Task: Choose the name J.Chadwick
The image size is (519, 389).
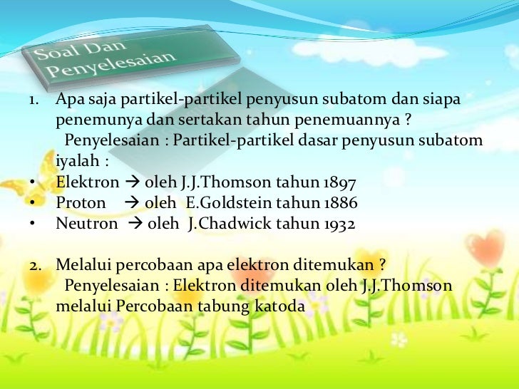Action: pos(228,224)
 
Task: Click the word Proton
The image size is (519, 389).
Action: pos(81,204)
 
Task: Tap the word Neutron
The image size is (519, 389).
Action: pos(87,224)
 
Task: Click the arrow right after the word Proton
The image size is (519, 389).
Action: pos(132,204)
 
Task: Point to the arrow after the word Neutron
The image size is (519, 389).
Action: pos(135,224)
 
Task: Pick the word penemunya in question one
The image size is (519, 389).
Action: pos(90,119)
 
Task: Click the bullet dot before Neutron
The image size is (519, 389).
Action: pos(33,224)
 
